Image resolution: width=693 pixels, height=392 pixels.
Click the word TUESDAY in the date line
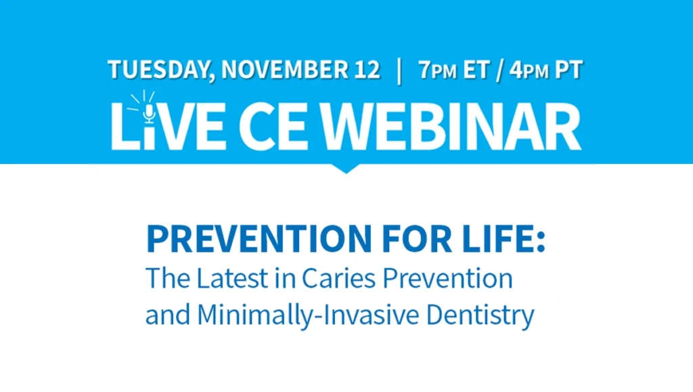click(x=159, y=70)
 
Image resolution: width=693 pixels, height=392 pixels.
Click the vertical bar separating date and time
click(x=399, y=70)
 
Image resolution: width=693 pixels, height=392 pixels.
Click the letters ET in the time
click(x=476, y=70)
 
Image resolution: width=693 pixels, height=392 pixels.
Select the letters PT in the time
click(x=568, y=70)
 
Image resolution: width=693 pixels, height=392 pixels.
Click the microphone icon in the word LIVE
click(x=149, y=112)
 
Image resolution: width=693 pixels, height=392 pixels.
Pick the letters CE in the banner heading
click(x=273, y=127)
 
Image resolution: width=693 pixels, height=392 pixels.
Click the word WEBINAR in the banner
click(x=451, y=127)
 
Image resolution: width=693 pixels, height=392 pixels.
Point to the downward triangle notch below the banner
click(x=346, y=169)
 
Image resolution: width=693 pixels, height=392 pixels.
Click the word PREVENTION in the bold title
click(x=259, y=238)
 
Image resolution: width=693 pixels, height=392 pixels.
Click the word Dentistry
click(x=480, y=315)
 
